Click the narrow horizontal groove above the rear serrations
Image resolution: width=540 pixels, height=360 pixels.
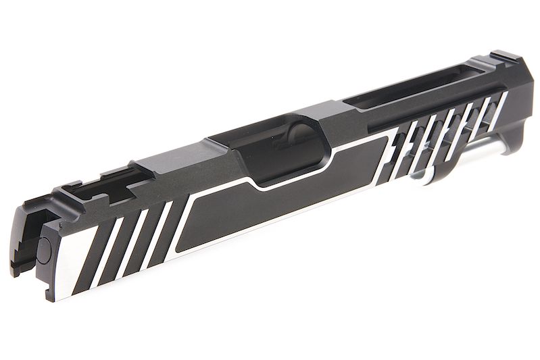(433, 108)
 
